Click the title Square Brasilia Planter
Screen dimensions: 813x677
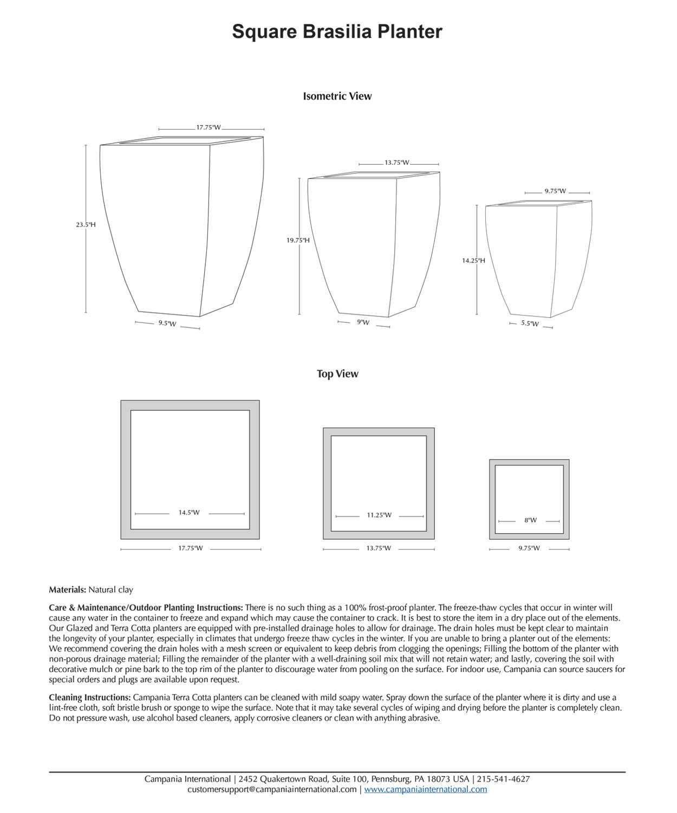[337, 31]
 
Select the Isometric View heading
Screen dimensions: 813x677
[337, 96]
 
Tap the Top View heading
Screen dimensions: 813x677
[337, 373]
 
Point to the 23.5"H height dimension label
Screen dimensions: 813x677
[86, 224]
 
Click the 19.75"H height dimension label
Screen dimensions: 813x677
[298, 240]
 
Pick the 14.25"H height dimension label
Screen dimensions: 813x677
[473, 260]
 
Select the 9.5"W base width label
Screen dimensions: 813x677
[167, 324]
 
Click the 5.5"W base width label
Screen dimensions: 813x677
[530, 324]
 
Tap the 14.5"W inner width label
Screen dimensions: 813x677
[189, 512]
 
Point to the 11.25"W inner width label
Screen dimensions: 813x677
[379, 515]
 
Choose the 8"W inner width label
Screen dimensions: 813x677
[530, 520]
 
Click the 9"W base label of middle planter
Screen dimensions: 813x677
[363, 322]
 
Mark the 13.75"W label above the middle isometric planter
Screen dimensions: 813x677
[397, 163]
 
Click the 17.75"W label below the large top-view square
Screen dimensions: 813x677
[191, 548]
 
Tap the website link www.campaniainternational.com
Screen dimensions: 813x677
[425, 789]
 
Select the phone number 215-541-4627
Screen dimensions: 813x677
[503, 779]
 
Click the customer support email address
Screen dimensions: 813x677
[272, 789]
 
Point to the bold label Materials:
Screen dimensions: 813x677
[67, 590]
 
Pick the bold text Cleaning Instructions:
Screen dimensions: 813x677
[89, 698]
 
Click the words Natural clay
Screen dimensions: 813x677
[110, 590]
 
